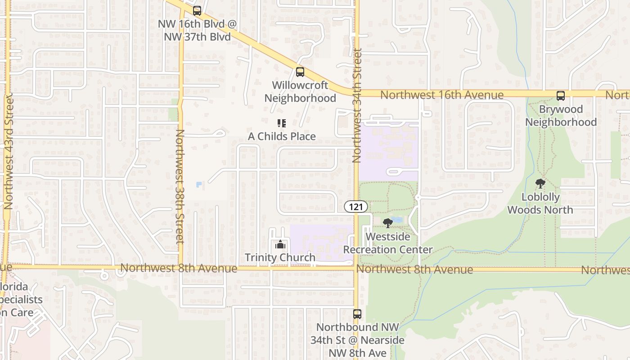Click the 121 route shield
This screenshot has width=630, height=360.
pos(356,207)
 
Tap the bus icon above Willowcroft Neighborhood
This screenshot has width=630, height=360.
pos(300,72)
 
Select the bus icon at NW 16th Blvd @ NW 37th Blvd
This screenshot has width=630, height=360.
pos(197,11)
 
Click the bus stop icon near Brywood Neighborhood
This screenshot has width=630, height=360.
pos(560,95)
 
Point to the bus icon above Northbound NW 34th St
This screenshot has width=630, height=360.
pos(357,314)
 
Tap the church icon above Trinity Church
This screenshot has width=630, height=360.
pos(280,245)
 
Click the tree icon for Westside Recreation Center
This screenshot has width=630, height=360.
pos(387,223)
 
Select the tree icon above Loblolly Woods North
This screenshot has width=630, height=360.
pos(540,184)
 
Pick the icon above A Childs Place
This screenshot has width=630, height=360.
pos(282,123)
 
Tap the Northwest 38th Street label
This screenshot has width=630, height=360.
pos(180,186)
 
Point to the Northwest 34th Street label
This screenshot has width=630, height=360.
pos(357,105)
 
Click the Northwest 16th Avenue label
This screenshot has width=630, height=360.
pos(441,95)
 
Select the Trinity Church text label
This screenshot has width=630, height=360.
pos(280,257)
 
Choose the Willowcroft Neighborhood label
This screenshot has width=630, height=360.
pos(300,92)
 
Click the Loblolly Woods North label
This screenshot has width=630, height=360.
pos(540,203)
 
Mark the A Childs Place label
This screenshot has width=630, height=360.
pos(282,136)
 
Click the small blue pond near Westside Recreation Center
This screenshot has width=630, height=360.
pos(397,220)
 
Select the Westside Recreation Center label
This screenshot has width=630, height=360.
pos(388,243)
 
